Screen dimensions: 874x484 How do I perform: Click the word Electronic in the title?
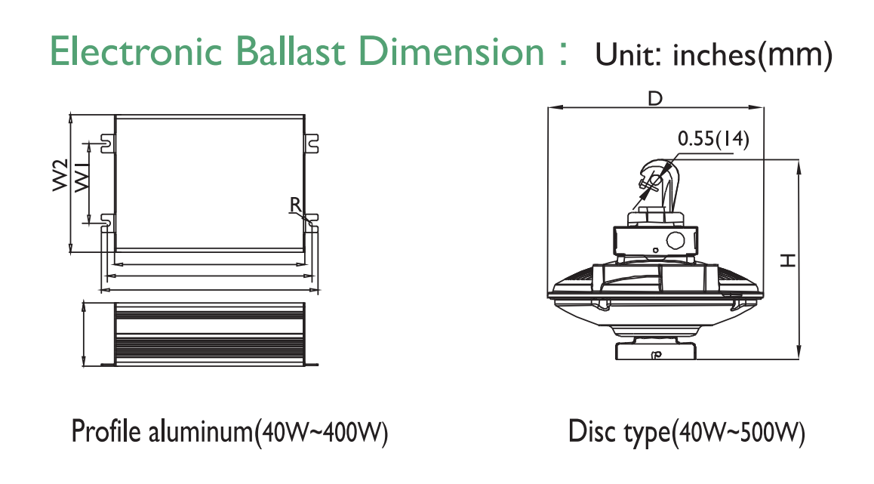click(x=136, y=51)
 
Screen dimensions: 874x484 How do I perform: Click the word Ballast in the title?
click(x=291, y=51)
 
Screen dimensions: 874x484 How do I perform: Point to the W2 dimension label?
click(x=60, y=175)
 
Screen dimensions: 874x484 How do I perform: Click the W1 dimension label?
click(x=82, y=176)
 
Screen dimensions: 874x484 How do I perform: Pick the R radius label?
click(x=295, y=205)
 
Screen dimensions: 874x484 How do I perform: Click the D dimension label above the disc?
click(x=655, y=99)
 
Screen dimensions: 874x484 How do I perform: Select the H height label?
click(x=787, y=260)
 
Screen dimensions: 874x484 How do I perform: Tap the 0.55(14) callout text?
click(x=713, y=138)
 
